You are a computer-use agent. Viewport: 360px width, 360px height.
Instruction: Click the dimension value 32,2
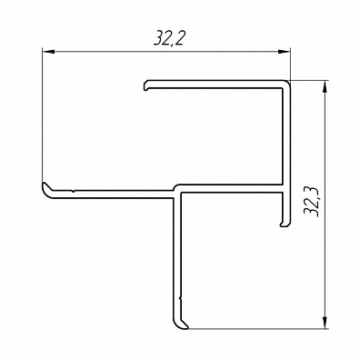(x=169, y=38)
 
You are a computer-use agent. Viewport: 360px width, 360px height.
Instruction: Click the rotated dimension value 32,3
(x=312, y=201)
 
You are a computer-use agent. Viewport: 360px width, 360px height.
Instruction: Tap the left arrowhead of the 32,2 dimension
(x=48, y=52)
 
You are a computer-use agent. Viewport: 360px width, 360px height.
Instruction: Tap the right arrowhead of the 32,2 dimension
(x=285, y=52)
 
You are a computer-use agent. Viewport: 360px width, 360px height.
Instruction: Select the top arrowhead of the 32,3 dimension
(x=325, y=87)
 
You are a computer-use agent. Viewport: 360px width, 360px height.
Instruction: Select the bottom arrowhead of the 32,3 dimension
(x=325, y=322)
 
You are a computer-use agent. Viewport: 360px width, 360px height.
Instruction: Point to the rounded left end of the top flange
(x=145, y=85)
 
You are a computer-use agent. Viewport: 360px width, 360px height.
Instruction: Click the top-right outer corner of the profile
(x=289, y=81)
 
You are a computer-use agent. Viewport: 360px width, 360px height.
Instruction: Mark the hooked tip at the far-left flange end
(x=46, y=187)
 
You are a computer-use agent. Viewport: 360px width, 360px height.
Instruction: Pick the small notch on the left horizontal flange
(x=74, y=191)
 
